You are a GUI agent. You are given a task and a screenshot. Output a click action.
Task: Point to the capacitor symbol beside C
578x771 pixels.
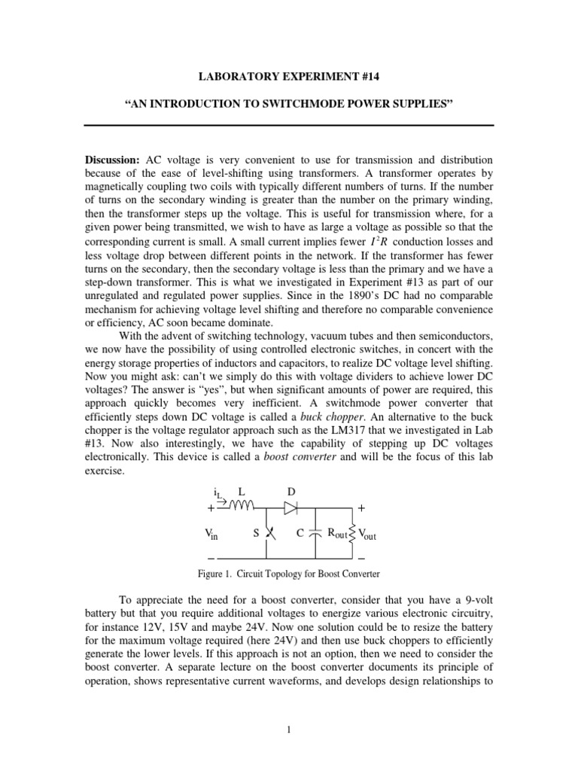[316, 534]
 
